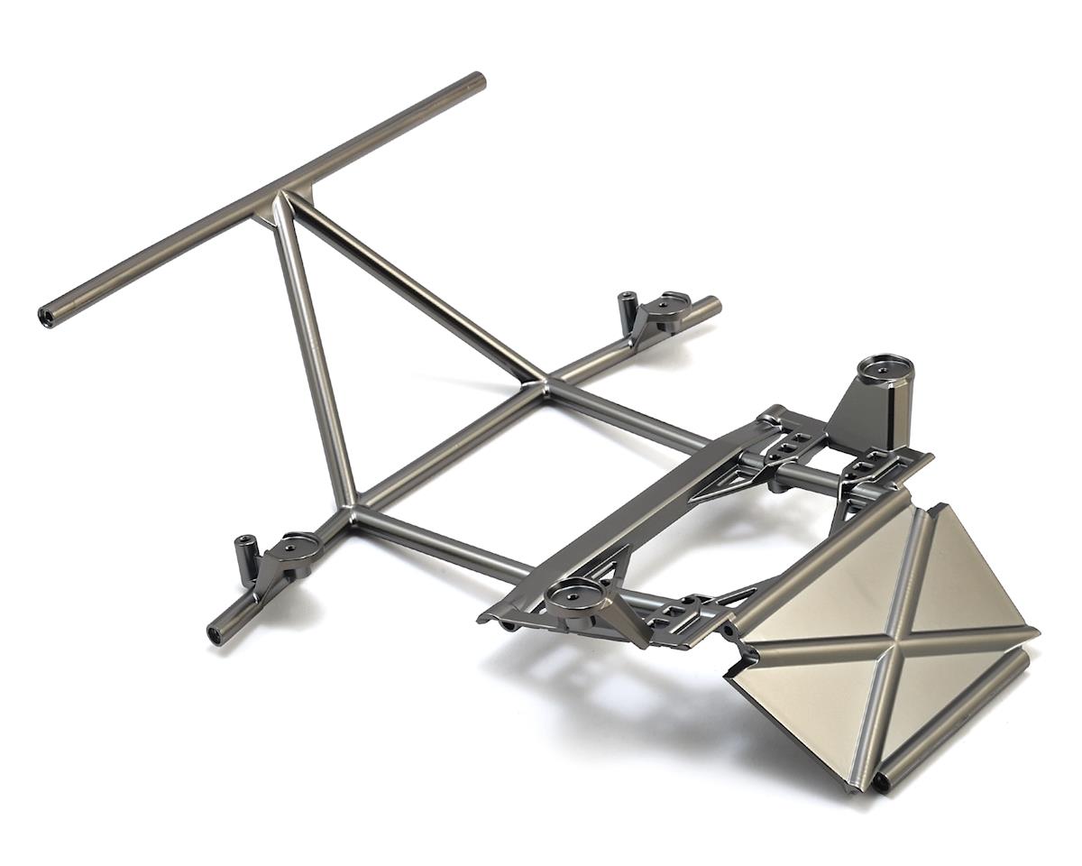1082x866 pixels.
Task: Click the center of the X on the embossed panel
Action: tap(881, 637)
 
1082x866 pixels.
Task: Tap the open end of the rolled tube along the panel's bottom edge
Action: tap(879, 782)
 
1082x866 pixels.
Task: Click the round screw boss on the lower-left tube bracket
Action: tap(297, 547)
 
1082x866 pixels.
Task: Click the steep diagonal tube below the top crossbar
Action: tap(311, 352)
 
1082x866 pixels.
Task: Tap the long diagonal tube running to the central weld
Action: tap(415, 289)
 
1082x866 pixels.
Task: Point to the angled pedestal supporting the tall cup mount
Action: tap(861, 410)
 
